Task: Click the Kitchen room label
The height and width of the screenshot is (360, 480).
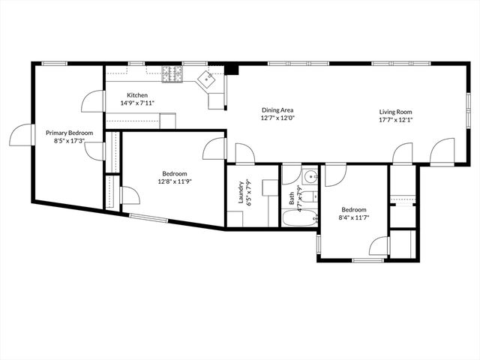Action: [x=136, y=95]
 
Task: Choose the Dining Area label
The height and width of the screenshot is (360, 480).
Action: [x=277, y=109]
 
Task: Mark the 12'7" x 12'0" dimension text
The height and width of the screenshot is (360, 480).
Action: [x=277, y=118]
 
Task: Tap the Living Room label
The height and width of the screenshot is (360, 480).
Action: [x=395, y=112]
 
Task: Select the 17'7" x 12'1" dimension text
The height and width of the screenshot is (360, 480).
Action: [x=395, y=120]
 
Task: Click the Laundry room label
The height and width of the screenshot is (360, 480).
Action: [x=241, y=192]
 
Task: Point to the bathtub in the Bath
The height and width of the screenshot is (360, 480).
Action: [x=300, y=220]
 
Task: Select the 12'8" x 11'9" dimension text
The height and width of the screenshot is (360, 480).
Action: [x=174, y=181]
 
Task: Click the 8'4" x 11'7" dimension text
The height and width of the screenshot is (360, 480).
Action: [x=354, y=217]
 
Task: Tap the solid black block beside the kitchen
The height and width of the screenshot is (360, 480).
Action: [x=233, y=71]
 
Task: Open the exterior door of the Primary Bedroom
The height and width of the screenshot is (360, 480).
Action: [x=20, y=135]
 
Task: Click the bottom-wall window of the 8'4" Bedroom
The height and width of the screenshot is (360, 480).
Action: [x=368, y=260]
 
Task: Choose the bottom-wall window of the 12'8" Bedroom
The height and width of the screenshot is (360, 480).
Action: [x=149, y=218]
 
